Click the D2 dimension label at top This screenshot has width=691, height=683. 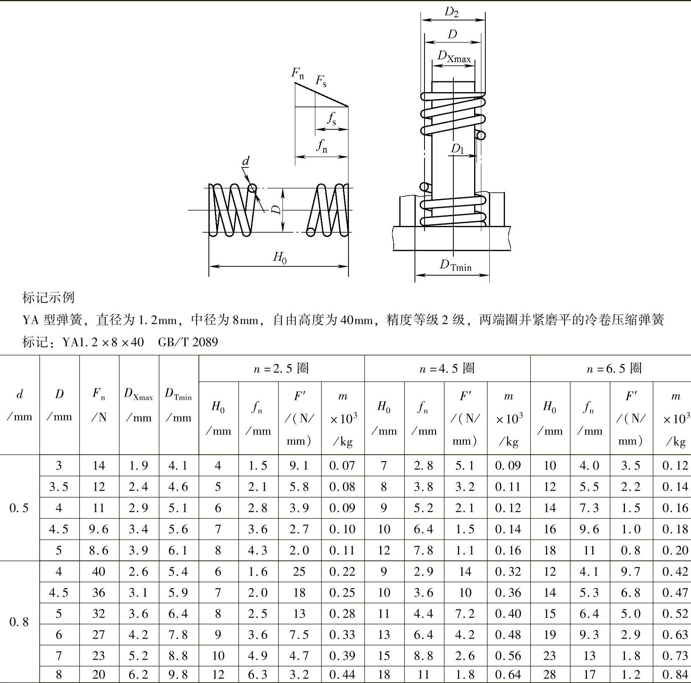(452, 12)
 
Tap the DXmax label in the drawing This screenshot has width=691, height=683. (454, 57)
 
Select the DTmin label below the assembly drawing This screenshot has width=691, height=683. (455, 265)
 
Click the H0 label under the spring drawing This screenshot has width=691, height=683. (280, 257)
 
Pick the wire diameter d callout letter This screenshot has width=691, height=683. (246, 161)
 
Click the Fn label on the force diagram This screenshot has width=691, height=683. (297, 73)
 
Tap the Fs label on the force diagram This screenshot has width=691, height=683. (321, 81)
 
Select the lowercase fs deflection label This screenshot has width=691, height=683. (331, 119)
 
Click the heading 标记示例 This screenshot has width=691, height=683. (48, 298)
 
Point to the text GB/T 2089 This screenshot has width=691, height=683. (188, 342)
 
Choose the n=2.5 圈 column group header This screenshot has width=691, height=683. (281, 369)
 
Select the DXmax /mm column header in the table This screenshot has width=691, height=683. (138, 405)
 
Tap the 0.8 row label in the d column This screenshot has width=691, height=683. (19, 622)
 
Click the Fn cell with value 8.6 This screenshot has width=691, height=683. (98, 550)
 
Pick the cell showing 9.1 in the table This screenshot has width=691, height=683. (299, 465)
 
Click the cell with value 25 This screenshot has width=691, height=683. (299, 572)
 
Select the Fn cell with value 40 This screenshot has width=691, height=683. (98, 572)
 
